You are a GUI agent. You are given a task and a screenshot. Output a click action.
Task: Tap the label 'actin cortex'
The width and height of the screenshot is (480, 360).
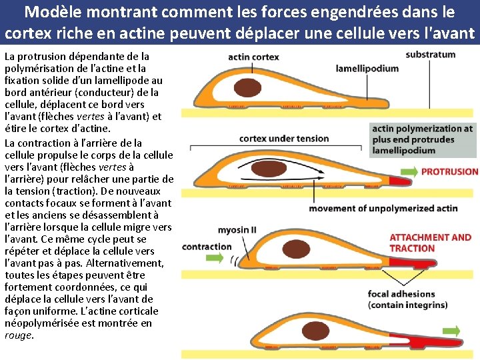point(253,57)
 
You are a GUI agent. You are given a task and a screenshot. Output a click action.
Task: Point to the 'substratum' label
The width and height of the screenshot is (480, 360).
point(430,54)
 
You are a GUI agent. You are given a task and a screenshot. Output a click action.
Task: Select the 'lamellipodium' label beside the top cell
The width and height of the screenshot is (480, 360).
point(367,68)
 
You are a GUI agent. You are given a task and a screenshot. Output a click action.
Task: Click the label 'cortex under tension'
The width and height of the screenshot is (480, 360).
point(284,139)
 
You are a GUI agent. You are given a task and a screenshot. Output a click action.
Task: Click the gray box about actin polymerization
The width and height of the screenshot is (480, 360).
point(422,139)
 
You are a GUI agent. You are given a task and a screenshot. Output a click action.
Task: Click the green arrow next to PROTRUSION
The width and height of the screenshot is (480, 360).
point(411,171)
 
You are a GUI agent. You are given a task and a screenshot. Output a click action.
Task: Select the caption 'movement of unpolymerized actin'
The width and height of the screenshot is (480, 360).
point(383,208)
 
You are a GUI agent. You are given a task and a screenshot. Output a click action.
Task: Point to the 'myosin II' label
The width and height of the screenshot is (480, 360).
point(237,230)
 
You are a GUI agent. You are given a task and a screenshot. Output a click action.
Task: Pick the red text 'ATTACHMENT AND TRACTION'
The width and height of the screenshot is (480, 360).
point(430,243)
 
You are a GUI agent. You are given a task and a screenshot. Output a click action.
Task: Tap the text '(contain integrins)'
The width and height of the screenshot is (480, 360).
point(407,305)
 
